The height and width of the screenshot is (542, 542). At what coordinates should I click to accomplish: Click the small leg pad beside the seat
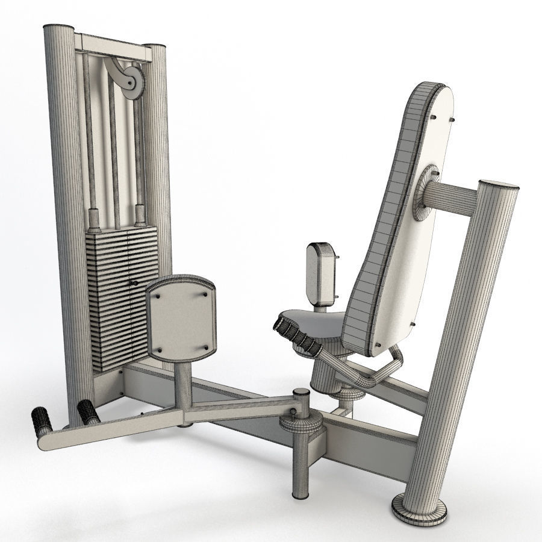[319, 271]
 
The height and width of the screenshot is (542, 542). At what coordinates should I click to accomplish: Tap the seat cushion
[313, 325]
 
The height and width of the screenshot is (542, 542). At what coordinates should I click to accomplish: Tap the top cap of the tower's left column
[59, 28]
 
